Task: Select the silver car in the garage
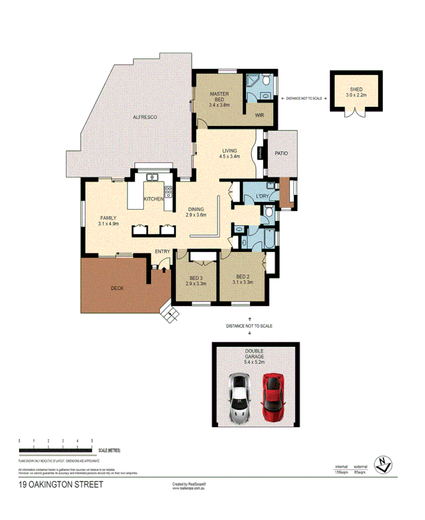[240, 398]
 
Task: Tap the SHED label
[356, 90]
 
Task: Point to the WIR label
[260, 114]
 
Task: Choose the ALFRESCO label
[145, 117]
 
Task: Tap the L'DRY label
[262, 197]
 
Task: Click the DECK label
[118, 288]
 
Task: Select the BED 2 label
[242, 276]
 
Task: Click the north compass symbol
[382, 464]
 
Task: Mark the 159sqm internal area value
[341, 472]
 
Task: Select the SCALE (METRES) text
[109, 451]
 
